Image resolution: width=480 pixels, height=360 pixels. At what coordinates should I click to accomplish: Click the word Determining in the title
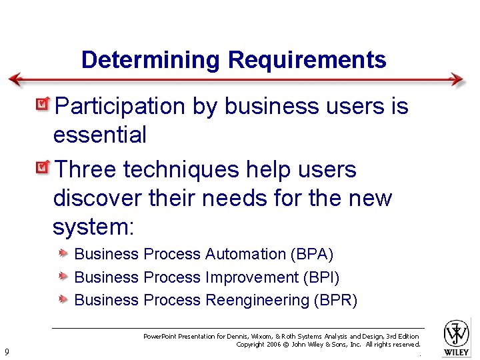pos(151,61)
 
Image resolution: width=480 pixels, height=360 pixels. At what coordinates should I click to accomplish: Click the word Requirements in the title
pos(307,61)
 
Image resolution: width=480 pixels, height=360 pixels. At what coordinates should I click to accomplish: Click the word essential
pos(99,135)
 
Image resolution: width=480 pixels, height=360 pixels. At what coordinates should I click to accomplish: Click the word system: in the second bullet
pos(93,227)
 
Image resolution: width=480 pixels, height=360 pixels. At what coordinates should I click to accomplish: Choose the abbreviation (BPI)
pos(321,277)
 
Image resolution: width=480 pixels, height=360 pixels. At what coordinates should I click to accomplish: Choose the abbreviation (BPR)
pos(335,300)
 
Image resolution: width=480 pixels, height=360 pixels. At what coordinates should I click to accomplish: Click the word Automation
pos(245,254)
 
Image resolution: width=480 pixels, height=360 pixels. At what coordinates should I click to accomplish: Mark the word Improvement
pos(252,277)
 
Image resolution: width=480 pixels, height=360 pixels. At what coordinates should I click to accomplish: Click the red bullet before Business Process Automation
pos(63,253)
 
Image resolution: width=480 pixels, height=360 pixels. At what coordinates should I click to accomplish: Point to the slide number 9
pos(6,351)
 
